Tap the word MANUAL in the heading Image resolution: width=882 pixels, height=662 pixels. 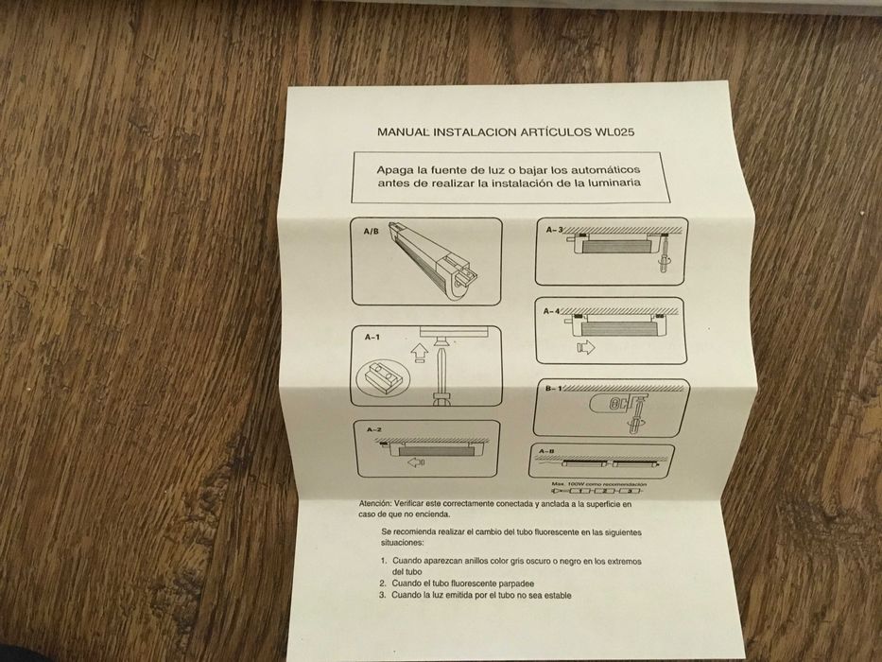405,131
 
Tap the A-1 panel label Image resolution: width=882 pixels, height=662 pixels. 372,337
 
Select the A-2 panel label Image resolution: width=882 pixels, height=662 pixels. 373,429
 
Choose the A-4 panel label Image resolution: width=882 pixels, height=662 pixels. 553,310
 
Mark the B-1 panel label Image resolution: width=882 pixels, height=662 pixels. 552,390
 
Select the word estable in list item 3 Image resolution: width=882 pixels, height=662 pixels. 553,596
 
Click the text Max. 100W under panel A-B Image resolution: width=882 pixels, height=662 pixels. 569,483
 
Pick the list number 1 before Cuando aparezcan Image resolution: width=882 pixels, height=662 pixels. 383,562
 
